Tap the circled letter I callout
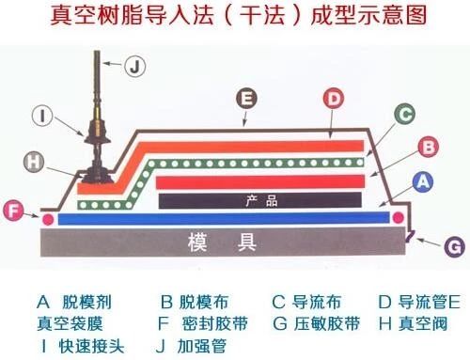[x=45, y=117]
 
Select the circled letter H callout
[x=34, y=162]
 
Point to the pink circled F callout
[x=12, y=211]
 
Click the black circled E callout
[x=246, y=96]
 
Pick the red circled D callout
[x=334, y=96]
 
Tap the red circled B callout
[x=427, y=148]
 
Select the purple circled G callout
[x=453, y=247]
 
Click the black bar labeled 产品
[x=259, y=200]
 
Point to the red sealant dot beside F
[x=47, y=219]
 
